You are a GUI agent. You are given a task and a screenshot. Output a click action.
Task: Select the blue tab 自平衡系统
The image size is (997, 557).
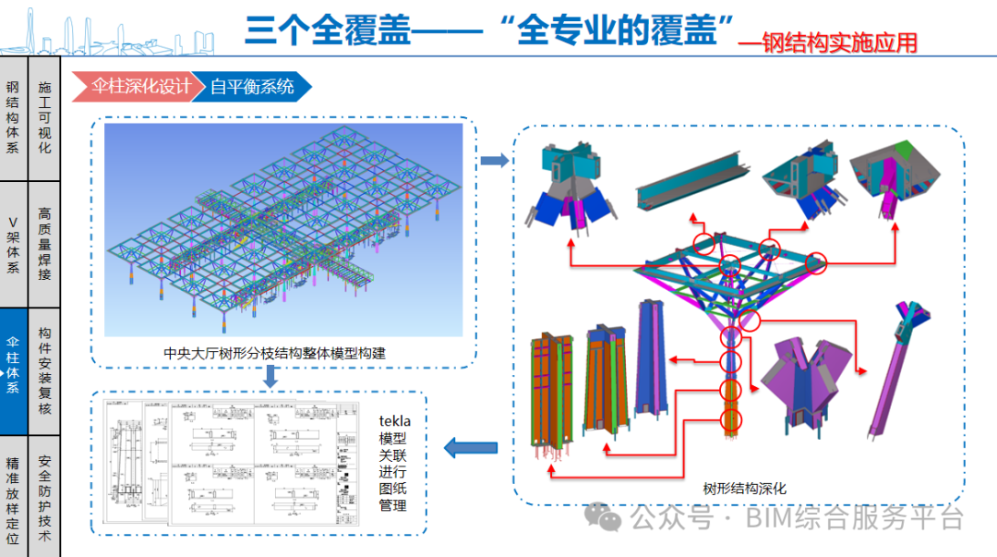pyautogui.click(x=251, y=87)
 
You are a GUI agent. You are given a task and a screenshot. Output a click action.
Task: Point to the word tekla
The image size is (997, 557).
pyautogui.click(x=394, y=421)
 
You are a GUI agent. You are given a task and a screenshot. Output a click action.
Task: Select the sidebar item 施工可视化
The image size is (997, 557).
pyautogui.click(x=44, y=116)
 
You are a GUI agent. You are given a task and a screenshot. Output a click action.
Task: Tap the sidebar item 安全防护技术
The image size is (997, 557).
pyautogui.click(x=44, y=497)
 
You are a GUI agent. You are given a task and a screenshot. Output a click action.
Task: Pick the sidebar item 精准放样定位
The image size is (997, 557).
pyautogui.click(x=13, y=497)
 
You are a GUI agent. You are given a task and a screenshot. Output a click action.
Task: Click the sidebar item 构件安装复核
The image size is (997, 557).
pyautogui.click(x=44, y=370)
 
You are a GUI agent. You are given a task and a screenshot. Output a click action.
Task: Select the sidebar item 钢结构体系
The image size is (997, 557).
pyautogui.click(x=13, y=116)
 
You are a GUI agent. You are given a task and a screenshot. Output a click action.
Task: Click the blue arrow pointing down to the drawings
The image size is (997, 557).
pyautogui.click(x=270, y=376)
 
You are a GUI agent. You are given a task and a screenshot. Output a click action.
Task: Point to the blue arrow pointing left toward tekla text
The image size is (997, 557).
pyautogui.click(x=470, y=449)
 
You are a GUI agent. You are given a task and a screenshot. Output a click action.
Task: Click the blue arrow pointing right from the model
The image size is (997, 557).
pyautogui.click(x=495, y=162)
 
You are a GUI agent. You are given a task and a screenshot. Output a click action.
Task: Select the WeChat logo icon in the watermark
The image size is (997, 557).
pyautogui.click(x=609, y=517)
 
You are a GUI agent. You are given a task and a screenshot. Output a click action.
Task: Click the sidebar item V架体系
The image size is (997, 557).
pyautogui.click(x=13, y=244)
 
